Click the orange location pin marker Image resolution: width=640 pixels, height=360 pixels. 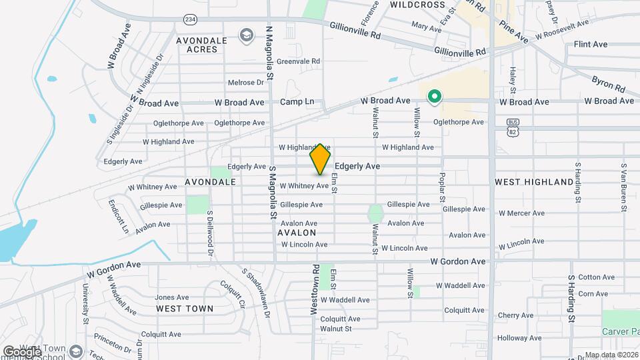320,159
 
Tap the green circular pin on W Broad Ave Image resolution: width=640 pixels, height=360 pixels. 435,97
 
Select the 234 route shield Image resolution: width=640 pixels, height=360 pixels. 191,20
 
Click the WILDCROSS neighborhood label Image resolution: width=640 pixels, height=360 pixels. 417,5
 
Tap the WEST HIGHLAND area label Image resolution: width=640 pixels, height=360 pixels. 534,181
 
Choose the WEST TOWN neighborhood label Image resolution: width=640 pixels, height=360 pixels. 185,309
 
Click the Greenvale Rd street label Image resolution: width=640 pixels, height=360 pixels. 299,61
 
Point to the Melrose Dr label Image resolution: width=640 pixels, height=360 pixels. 246,83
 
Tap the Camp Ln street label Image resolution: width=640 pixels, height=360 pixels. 297,102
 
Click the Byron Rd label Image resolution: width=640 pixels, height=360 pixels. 607,83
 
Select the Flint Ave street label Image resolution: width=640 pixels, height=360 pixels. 590,44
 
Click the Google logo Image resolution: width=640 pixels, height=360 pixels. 22,351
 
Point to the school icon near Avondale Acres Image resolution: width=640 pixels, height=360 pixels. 247,34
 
